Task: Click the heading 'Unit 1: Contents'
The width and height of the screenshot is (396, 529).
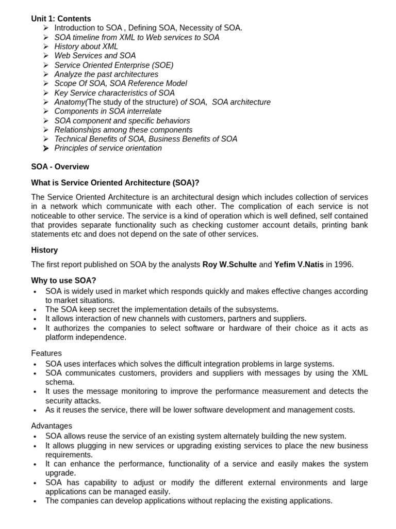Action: tap(61, 19)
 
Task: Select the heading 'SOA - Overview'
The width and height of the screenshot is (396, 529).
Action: tap(60, 167)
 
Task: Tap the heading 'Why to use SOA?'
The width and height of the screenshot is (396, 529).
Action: tap(63, 281)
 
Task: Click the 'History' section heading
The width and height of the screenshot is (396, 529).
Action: tap(44, 250)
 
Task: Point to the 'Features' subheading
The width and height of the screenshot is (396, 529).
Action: tap(46, 353)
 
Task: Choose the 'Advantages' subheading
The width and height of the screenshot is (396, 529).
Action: tap(52, 426)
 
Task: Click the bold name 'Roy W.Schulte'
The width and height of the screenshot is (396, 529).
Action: tap(229, 264)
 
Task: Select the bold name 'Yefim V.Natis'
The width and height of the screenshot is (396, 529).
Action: tap(299, 264)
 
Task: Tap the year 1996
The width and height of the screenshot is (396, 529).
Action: tap(343, 264)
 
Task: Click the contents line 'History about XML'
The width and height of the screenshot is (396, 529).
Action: tap(86, 46)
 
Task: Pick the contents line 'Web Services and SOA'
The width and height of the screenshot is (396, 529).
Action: tap(95, 56)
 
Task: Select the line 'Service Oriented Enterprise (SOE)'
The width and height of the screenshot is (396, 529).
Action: tap(113, 65)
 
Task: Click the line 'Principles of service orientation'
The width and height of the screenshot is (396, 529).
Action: tap(108, 148)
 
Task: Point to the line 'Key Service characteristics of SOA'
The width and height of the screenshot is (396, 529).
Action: tap(114, 93)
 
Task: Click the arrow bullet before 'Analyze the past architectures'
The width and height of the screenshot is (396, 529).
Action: tap(45, 74)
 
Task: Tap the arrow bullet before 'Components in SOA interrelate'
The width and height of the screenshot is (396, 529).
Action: tap(45, 112)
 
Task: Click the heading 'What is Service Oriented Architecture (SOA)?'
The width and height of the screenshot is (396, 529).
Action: tap(115, 182)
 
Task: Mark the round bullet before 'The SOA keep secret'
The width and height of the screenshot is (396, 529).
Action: tap(35, 310)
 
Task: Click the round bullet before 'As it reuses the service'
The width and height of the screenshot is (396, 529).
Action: tap(35, 411)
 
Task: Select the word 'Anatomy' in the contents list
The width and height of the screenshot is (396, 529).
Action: tap(70, 102)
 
